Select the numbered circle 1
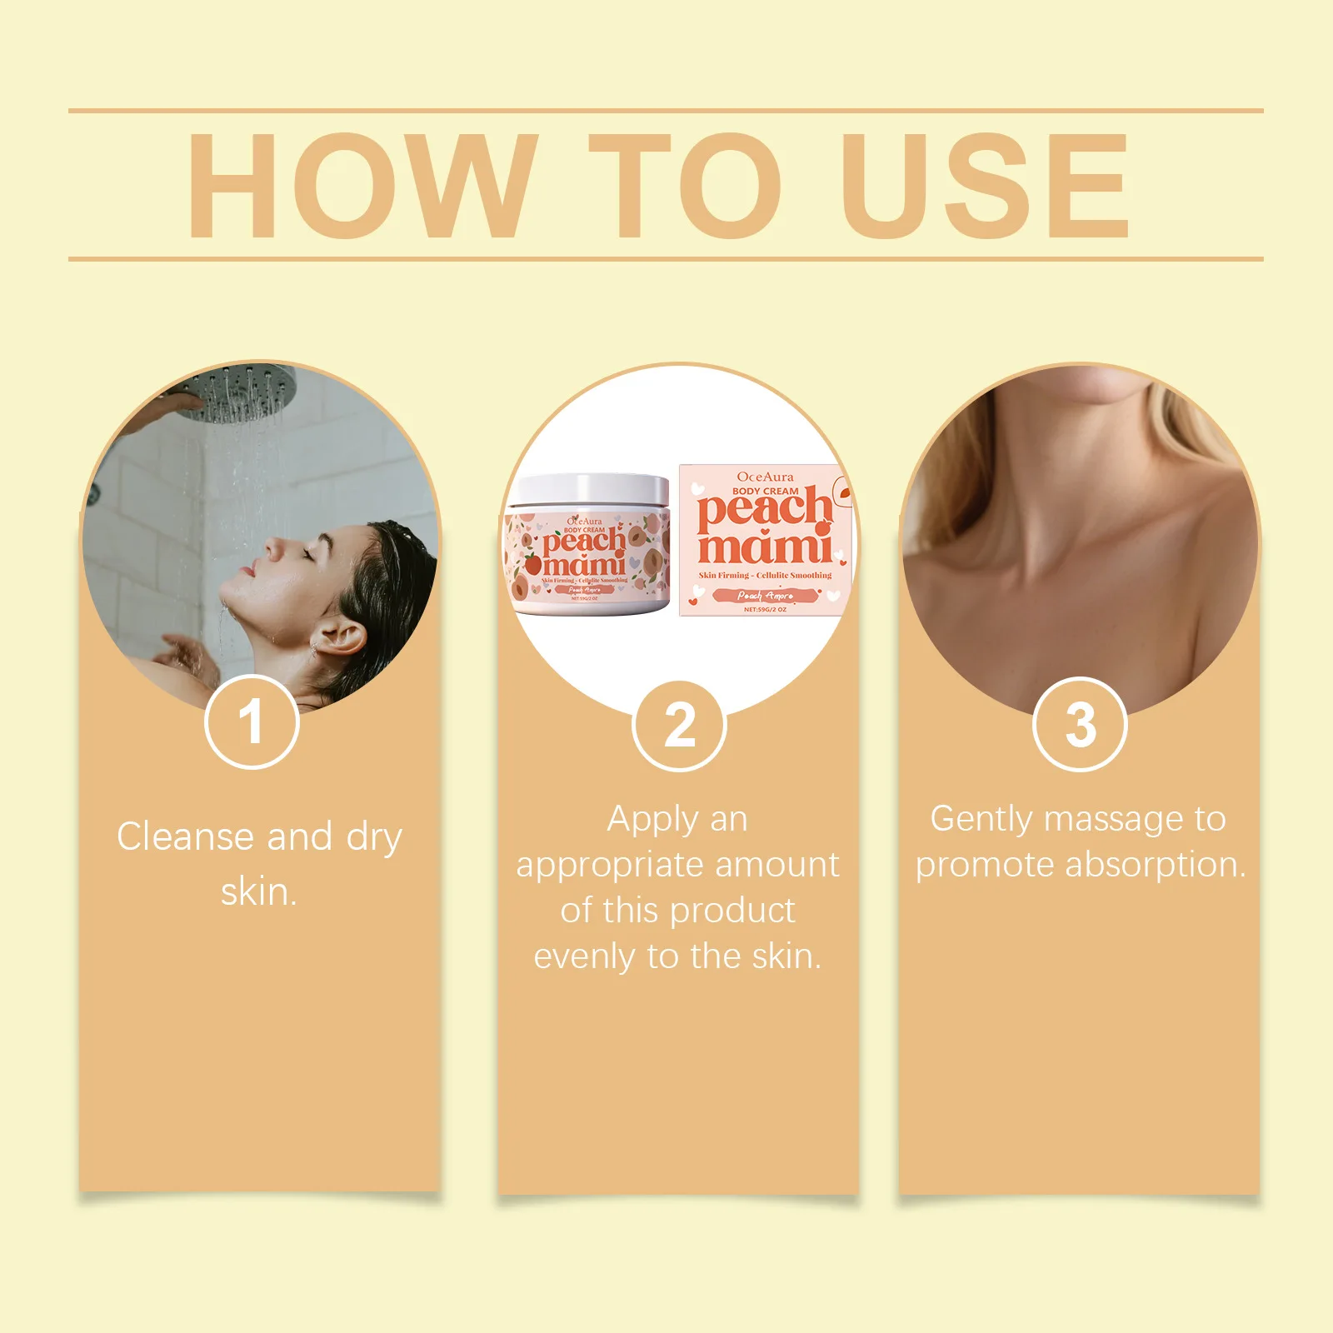pyautogui.click(x=251, y=721)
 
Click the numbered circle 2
pyautogui.click(x=680, y=726)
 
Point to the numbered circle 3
pyautogui.click(x=1080, y=725)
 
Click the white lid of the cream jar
pyautogui.click(x=589, y=491)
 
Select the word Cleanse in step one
pyautogui.click(x=184, y=836)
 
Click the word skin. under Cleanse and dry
pyautogui.click(x=259, y=892)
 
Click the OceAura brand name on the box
pyautogui.click(x=765, y=477)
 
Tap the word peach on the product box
pyautogui.click(x=764, y=509)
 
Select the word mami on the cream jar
pyautogui.click(x=584, y=565)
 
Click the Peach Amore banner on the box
pyautogui.click(x=765, y=596)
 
